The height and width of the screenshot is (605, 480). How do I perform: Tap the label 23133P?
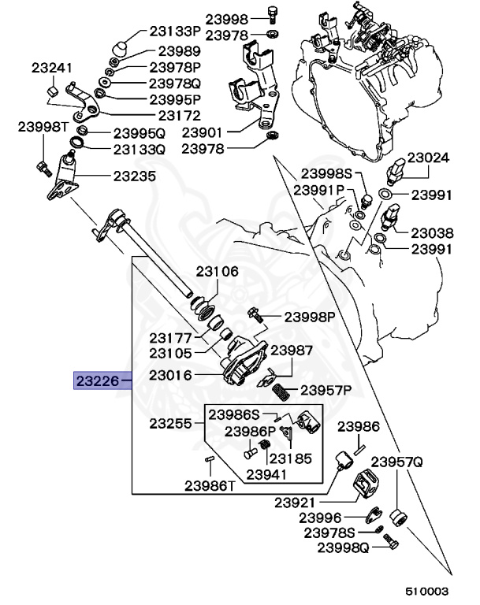[x=175, y=32]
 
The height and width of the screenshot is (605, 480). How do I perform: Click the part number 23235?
[x=135, y=176]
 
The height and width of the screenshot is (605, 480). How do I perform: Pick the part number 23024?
[x=429, y=158]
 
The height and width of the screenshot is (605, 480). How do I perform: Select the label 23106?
[x=218, y=272]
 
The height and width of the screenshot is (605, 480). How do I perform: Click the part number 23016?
[x=171, y=377]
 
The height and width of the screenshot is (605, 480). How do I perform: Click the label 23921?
[x=296, y=502]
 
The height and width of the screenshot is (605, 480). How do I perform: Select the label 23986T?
[x=210, y=485]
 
